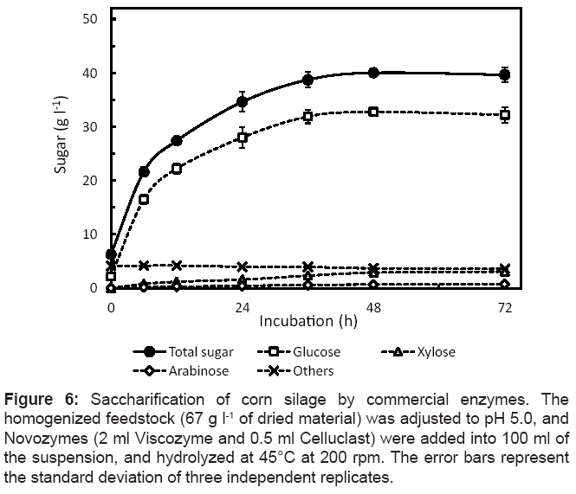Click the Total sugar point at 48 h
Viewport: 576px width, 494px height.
(x=373, y=73)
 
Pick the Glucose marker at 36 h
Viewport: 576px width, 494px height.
(x=307, y=115)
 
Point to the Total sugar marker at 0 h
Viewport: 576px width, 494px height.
(x=111, y=254)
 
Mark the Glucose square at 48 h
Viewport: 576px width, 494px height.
(x=373, y=112)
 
